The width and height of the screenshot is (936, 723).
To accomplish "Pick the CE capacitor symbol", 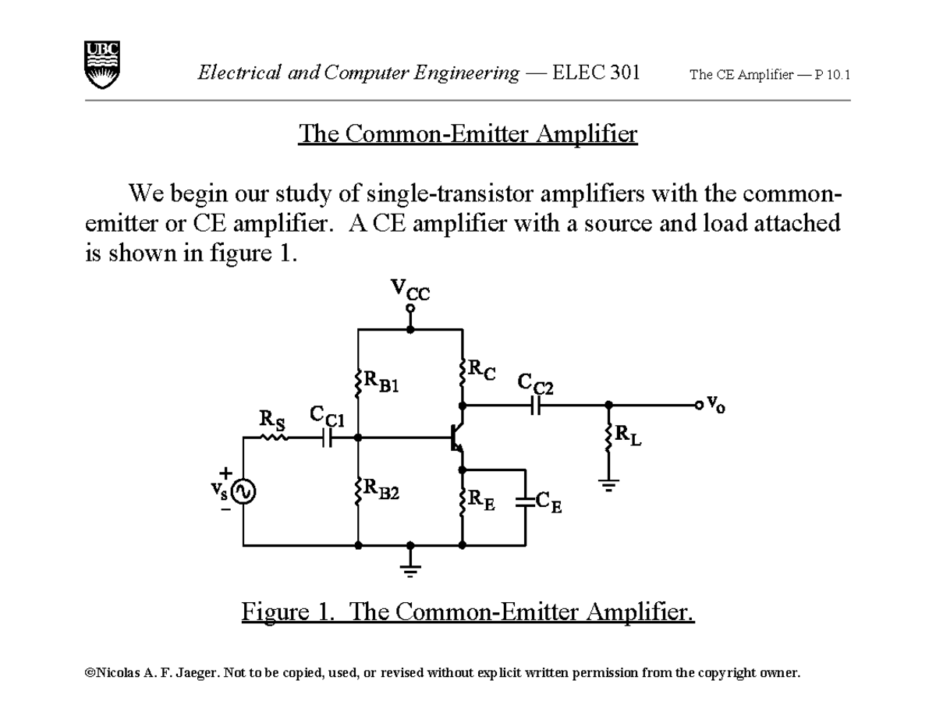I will click(526, 501).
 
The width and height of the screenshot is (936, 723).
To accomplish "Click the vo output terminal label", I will click(715, 405).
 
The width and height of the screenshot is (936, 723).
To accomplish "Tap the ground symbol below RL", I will click(608, 484).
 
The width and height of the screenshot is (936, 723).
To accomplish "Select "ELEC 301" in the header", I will click(596, 73).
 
